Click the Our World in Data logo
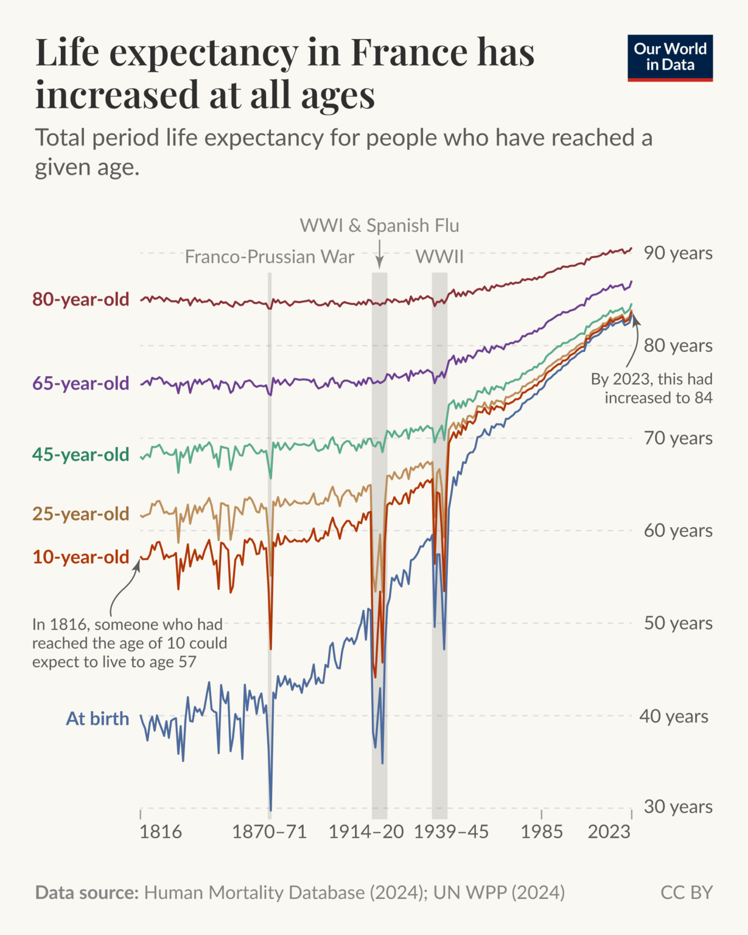(669, 58)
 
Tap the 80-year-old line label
(81, 299)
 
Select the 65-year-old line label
(81, 383)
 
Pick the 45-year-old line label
(81, 455)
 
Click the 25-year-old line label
(81, 514)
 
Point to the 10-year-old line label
(81, 557)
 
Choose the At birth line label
(97, 719)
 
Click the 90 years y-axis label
(678, 253)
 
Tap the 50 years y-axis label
(678, 623)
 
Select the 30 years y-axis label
(678, 807)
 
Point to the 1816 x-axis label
(161, 832)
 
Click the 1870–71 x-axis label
(270, 832)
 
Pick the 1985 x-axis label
(542, 832)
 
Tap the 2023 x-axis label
(609, 832)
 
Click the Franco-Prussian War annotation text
(270, 257)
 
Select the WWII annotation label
(439, 257)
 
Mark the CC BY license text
(687, 893)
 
